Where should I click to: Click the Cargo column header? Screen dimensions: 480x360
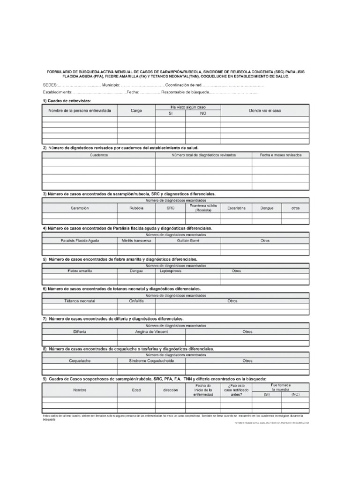coord(136,111)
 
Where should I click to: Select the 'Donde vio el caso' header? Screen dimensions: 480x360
coord(265,111)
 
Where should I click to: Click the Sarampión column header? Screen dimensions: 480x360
coord(80,208)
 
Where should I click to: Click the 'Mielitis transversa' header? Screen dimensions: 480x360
coord(136,240)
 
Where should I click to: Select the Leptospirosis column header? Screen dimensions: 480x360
coord(170,271)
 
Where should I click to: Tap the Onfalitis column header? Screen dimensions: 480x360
coord(136,301)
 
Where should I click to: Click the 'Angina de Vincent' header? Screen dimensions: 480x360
coord(151,331)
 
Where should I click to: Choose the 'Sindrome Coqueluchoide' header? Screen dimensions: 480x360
coord(151,361)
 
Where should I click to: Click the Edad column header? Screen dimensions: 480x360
coord(136,390)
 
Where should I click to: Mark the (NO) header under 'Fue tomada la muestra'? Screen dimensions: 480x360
coord(295,395)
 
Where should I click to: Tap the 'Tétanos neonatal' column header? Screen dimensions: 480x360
coord(80,301)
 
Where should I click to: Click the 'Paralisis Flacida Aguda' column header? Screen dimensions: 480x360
coord(80,240)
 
